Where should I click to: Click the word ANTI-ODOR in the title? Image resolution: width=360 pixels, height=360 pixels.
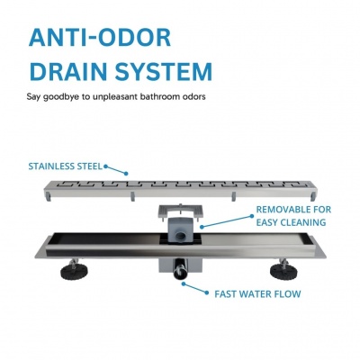[100, 38]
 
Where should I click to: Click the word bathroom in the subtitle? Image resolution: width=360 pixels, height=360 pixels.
[159, 97]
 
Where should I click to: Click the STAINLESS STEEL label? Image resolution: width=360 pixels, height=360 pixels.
[65, 166]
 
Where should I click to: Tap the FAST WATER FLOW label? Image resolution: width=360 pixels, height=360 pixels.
[257, 294]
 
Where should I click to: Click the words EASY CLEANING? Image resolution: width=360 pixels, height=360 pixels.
[291, 222]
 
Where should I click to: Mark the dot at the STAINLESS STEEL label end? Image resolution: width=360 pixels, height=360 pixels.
[126, 174]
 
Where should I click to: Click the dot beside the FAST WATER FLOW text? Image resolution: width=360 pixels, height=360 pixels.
[206, 292]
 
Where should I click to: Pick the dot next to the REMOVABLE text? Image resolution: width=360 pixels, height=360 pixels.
[252, 216]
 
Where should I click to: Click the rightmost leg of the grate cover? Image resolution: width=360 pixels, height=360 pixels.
[313, 194]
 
